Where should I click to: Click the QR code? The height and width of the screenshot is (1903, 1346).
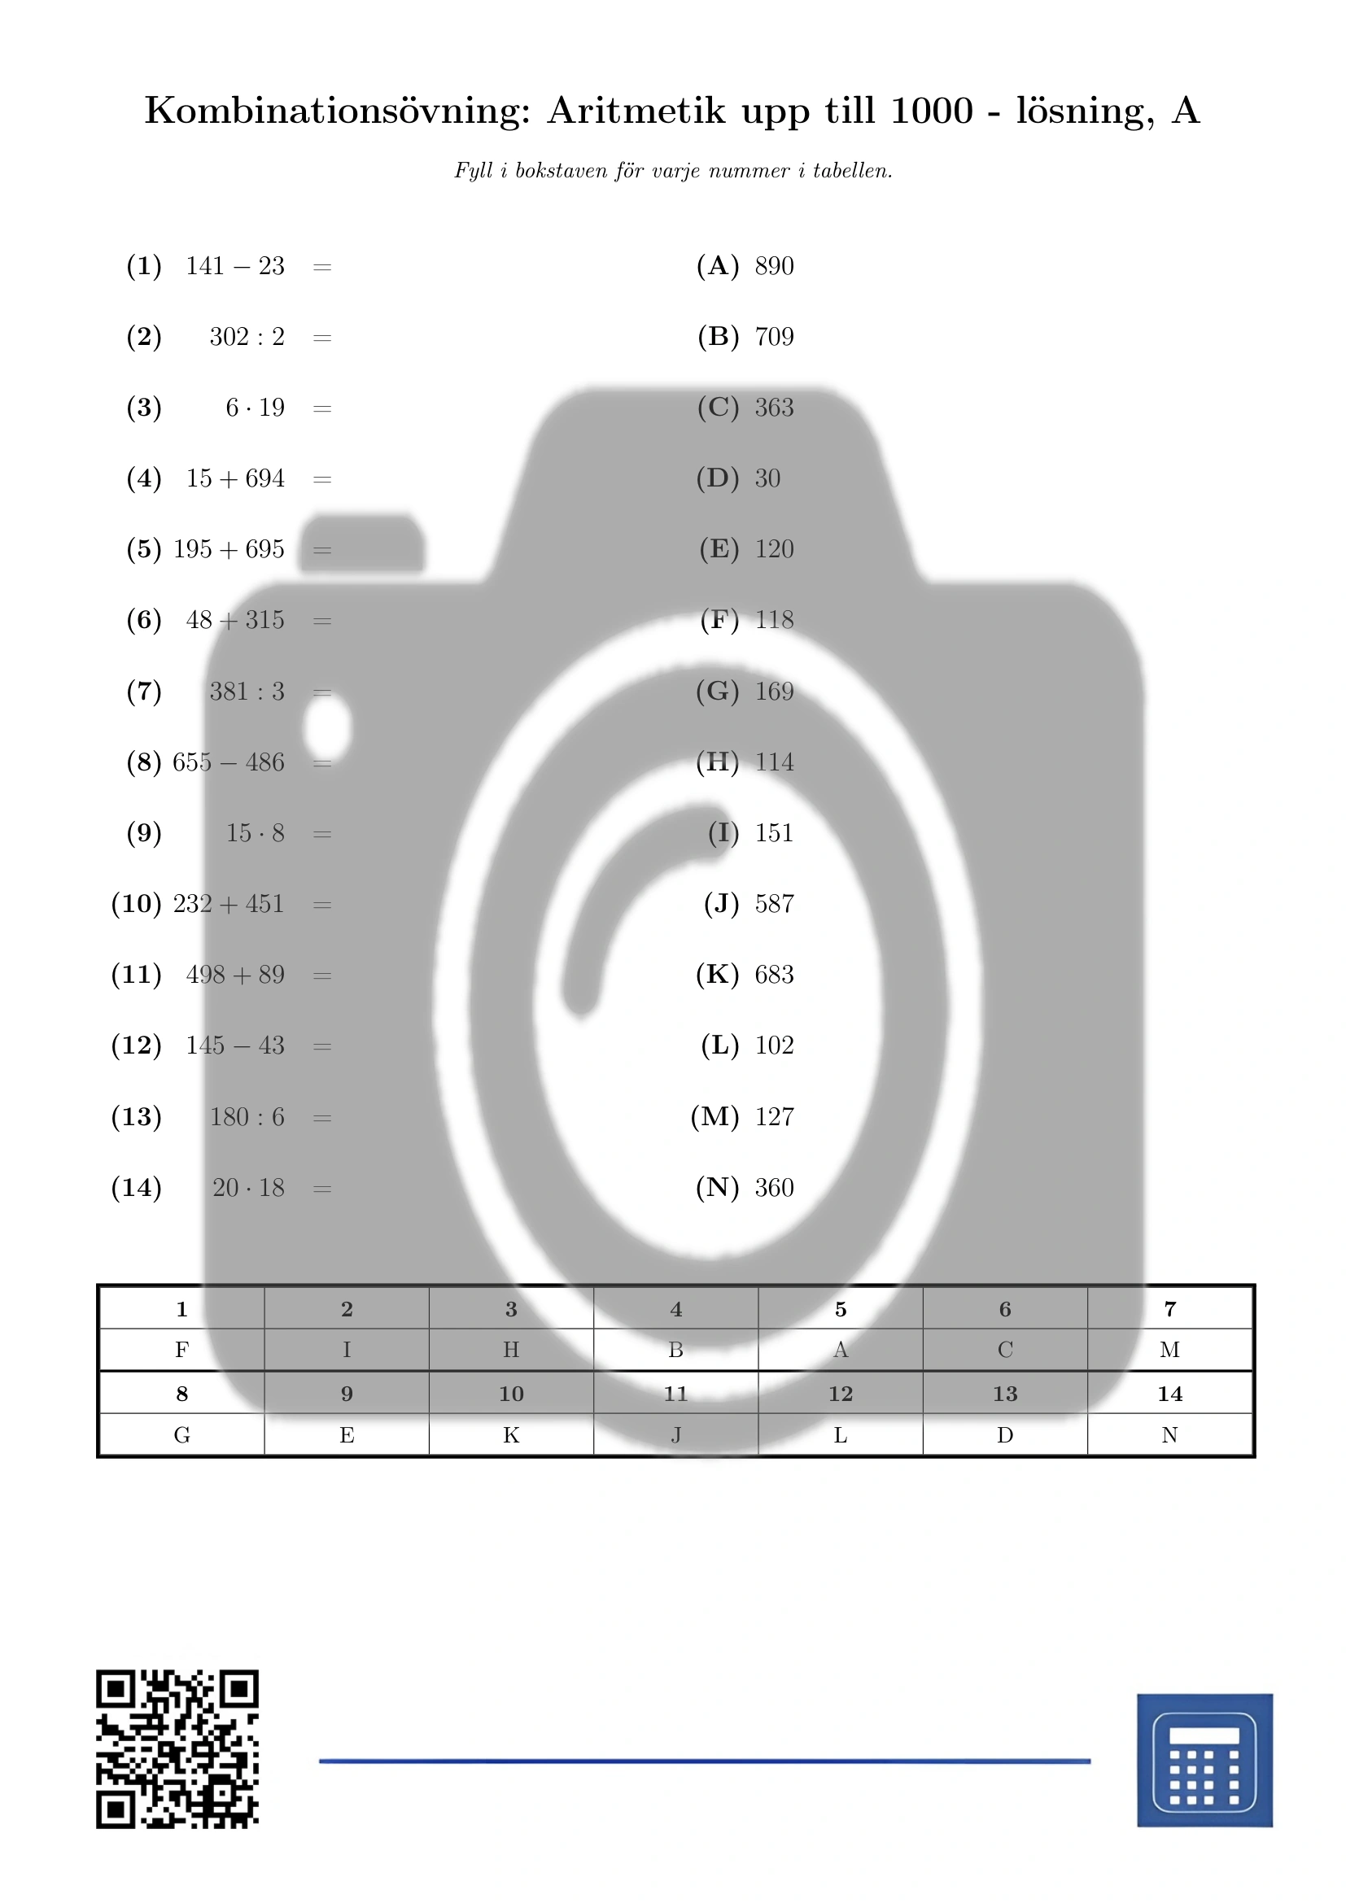point(177,1749)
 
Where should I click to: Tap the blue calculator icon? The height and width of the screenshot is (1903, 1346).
point(1204,1760)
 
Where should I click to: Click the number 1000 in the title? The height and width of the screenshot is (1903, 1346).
point(932,110)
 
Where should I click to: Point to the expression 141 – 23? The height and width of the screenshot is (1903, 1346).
point(235,266)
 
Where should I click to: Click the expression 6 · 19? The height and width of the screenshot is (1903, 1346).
point(256,408)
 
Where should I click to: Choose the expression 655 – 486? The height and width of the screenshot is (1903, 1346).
point(229,762)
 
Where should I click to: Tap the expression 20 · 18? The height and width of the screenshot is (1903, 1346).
point(249,1188)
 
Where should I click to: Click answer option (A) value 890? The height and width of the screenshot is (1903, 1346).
point(774,266)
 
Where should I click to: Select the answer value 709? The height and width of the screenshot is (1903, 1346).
point(774,337)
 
